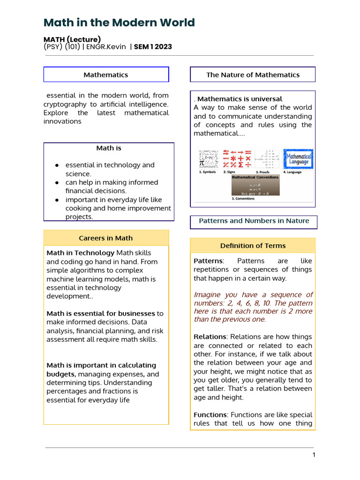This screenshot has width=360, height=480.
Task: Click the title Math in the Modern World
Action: (x=119, y=22)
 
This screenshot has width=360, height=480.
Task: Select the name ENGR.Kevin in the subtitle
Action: (x=111, y=47)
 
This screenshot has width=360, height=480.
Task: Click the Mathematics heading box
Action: (x=106, y=75)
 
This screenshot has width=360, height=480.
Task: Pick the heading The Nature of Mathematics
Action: (x=253, y=75)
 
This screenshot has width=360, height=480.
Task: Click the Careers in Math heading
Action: (x=106, y=238)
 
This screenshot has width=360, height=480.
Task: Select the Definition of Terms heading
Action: (x=253, y=246)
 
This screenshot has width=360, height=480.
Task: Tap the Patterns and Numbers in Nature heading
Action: (x=254, y=221)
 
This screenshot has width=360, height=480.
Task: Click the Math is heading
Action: (x=109, y=148)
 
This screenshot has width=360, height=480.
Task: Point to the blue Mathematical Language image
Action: (x=298, y=158)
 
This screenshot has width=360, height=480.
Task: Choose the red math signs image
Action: (x=237, y=158)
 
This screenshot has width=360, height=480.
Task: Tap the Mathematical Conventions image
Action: (x=255, y=185)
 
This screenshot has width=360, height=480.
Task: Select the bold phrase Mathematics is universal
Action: (x=240, y=99)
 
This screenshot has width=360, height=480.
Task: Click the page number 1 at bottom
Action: (x=314, y=455)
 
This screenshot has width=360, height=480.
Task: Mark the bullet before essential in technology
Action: (x=57, y=165)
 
